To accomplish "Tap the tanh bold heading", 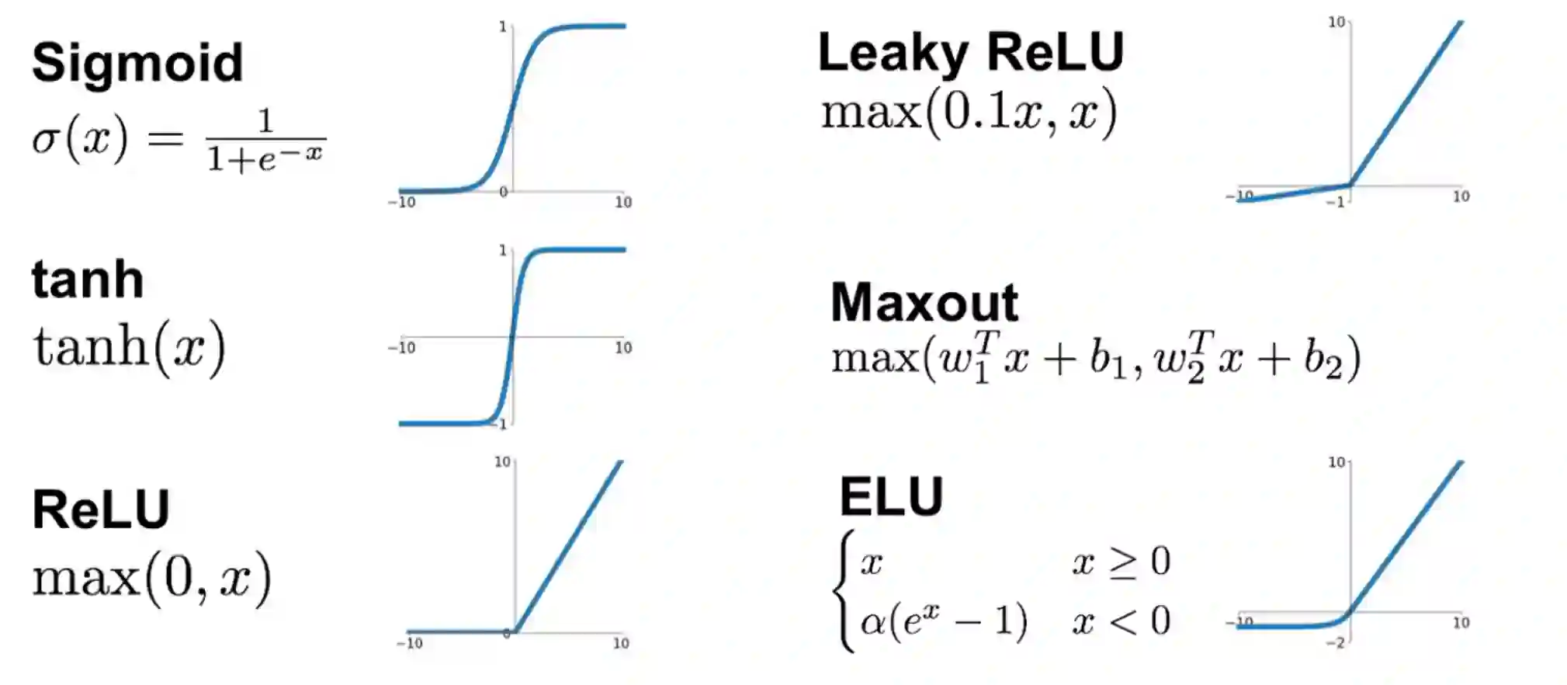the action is [x=88, y=280].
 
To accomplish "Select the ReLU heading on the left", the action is [x=101, y=510].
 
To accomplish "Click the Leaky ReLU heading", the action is [x=971, y=53].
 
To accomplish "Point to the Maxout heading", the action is [x=924, y=302].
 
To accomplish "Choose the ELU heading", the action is [x=891, y=496].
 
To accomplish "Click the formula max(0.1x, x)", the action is [x=969, y=113].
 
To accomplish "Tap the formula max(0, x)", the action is [x=152, y=579].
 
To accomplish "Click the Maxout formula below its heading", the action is [x=1095, y=358].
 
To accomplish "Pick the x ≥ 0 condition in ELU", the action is [x=1122, y=561].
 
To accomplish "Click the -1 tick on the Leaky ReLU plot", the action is [x=1335, y=203].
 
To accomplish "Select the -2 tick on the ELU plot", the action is [x=1335, y=643].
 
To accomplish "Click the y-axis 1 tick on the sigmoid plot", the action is [x=502, y=27].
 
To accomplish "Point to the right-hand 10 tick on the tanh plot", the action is [x=623, y=348].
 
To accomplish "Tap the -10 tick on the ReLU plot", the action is [x=409, y=643].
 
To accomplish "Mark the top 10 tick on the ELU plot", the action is [x=1336, y=462].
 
